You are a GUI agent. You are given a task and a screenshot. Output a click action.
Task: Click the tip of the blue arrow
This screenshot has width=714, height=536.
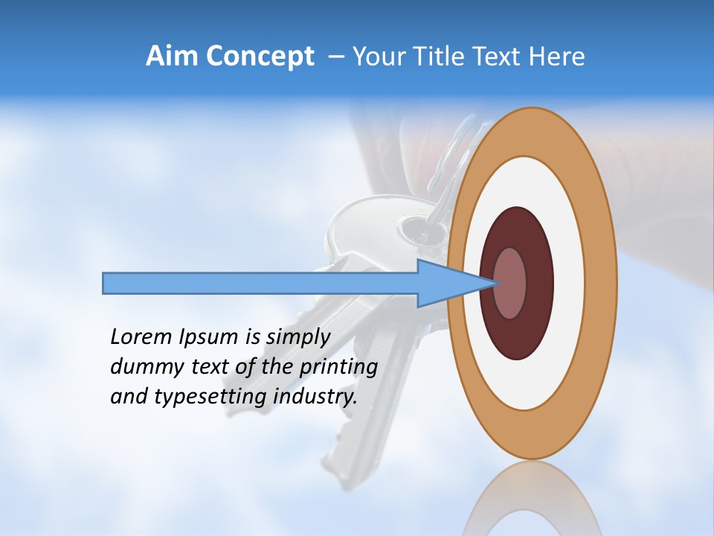click(x=496, y=283)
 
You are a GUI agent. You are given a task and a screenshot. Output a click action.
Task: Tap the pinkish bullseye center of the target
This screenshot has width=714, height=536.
click(x=510, y=284)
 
